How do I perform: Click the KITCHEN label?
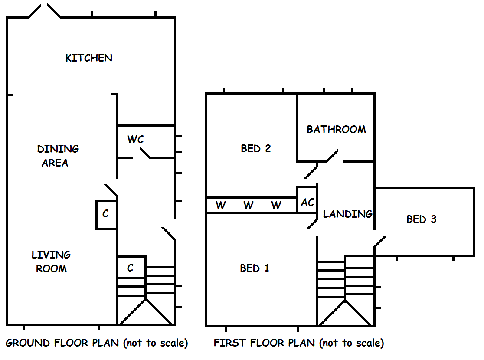point(89,58)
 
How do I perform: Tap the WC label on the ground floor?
point(135,140)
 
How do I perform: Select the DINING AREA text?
point(57,156)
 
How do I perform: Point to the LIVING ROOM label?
point(51,262)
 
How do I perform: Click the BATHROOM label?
point(336,129)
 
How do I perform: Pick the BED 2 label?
point(256,148)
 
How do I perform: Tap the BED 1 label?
point(255,268)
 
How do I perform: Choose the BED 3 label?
point(421,219)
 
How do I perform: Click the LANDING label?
point(347,213)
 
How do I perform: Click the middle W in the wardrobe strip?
point(248,205)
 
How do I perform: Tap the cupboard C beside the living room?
point(106,214)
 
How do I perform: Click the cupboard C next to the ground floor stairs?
point(130,268)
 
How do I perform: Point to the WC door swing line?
point(145,153)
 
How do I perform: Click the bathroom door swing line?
point(333,156)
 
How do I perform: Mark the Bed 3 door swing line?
point(380,241)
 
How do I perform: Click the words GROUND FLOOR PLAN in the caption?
point(62,343)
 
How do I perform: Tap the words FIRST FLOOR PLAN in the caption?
point(264,343)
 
